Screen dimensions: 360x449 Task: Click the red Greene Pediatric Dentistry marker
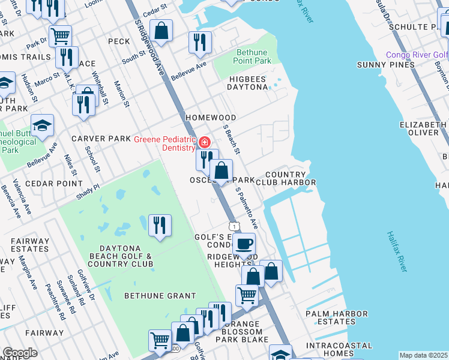coord(205,142)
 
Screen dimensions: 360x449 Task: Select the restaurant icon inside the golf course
coord(160,226)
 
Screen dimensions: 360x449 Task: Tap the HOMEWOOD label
coord(211,118)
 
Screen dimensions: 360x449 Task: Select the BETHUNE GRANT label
coord(160,295)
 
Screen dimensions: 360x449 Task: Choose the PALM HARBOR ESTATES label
coord(337,317)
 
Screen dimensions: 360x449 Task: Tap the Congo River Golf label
coord(417,55)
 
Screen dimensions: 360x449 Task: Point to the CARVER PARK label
coord(101,139)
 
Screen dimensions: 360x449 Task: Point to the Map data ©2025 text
coord(423,355)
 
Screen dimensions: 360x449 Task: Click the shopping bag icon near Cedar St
coord(161,31)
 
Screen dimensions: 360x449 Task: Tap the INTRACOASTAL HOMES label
coord(339,350)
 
